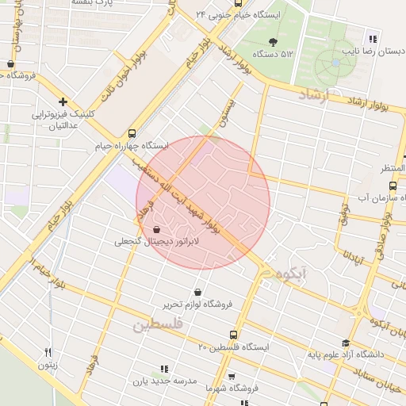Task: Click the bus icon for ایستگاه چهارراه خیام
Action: click(131, 133)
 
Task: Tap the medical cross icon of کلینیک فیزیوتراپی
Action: click(63, 102)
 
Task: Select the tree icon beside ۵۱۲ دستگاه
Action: click(274, 41)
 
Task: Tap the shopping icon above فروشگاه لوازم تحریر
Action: click(197, 291)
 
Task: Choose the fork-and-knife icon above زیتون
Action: click(48, 353)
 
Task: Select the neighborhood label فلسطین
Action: click(158, 325)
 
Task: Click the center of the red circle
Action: click(203, 203)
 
